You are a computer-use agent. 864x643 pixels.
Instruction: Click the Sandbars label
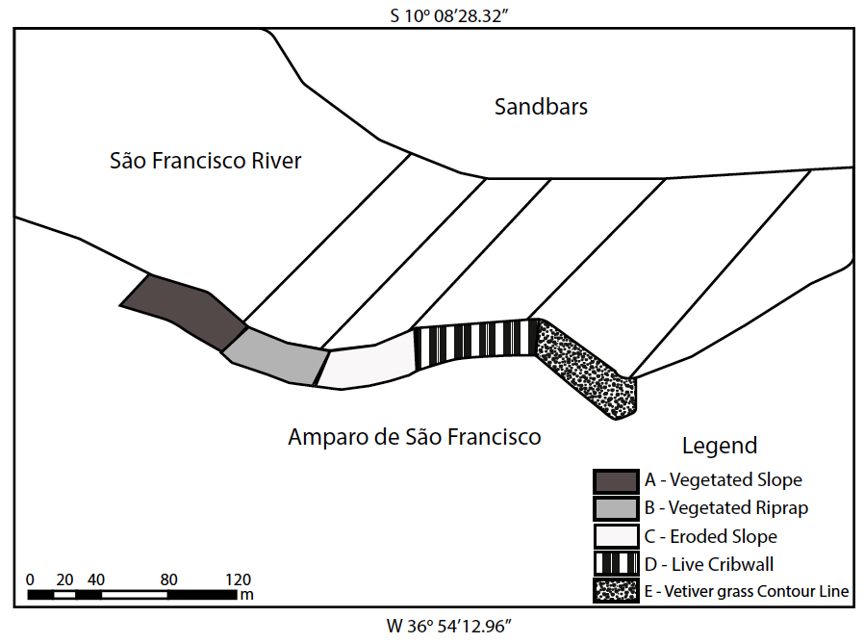541,107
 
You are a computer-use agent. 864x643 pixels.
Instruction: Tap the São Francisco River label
205,161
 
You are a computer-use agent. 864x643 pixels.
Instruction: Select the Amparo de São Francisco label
414,437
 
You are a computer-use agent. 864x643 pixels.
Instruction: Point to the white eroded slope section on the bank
366,363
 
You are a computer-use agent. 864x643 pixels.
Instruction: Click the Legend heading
719,446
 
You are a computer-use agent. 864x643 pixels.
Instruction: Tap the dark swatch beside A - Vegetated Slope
615,480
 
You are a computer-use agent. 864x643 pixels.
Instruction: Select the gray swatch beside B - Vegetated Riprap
615,508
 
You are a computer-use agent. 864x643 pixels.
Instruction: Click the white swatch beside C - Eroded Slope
615,536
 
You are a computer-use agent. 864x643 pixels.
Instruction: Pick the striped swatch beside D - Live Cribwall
615,563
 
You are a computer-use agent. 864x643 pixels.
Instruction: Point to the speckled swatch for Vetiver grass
615,591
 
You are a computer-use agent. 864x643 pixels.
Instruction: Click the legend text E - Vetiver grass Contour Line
747,591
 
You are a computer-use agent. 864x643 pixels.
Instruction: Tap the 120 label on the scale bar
238,579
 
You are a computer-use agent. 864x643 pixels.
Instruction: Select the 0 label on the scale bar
31,579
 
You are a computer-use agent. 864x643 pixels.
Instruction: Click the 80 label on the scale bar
169,579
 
